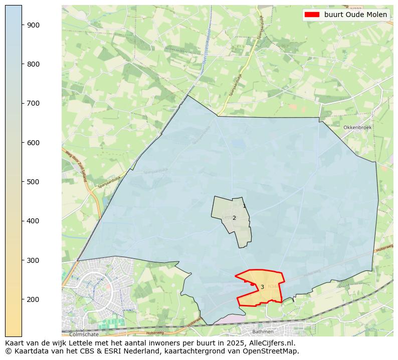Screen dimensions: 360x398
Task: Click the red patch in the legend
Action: (x=312, y=15)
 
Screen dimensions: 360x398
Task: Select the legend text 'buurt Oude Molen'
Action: (x=355, y=15)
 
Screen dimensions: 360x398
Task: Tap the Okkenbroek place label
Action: (x=357, y=128)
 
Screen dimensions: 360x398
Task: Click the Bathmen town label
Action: (x=263, y=331)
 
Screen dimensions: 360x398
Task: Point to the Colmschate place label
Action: (x=84, y=334)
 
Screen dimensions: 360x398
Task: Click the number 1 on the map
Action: (x=244, y=206)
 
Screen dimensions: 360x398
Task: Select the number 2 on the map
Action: (x=234, y=218)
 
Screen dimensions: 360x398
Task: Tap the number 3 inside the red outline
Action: (x=262, y=287)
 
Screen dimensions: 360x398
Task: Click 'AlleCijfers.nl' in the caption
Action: (x=271, y=343)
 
